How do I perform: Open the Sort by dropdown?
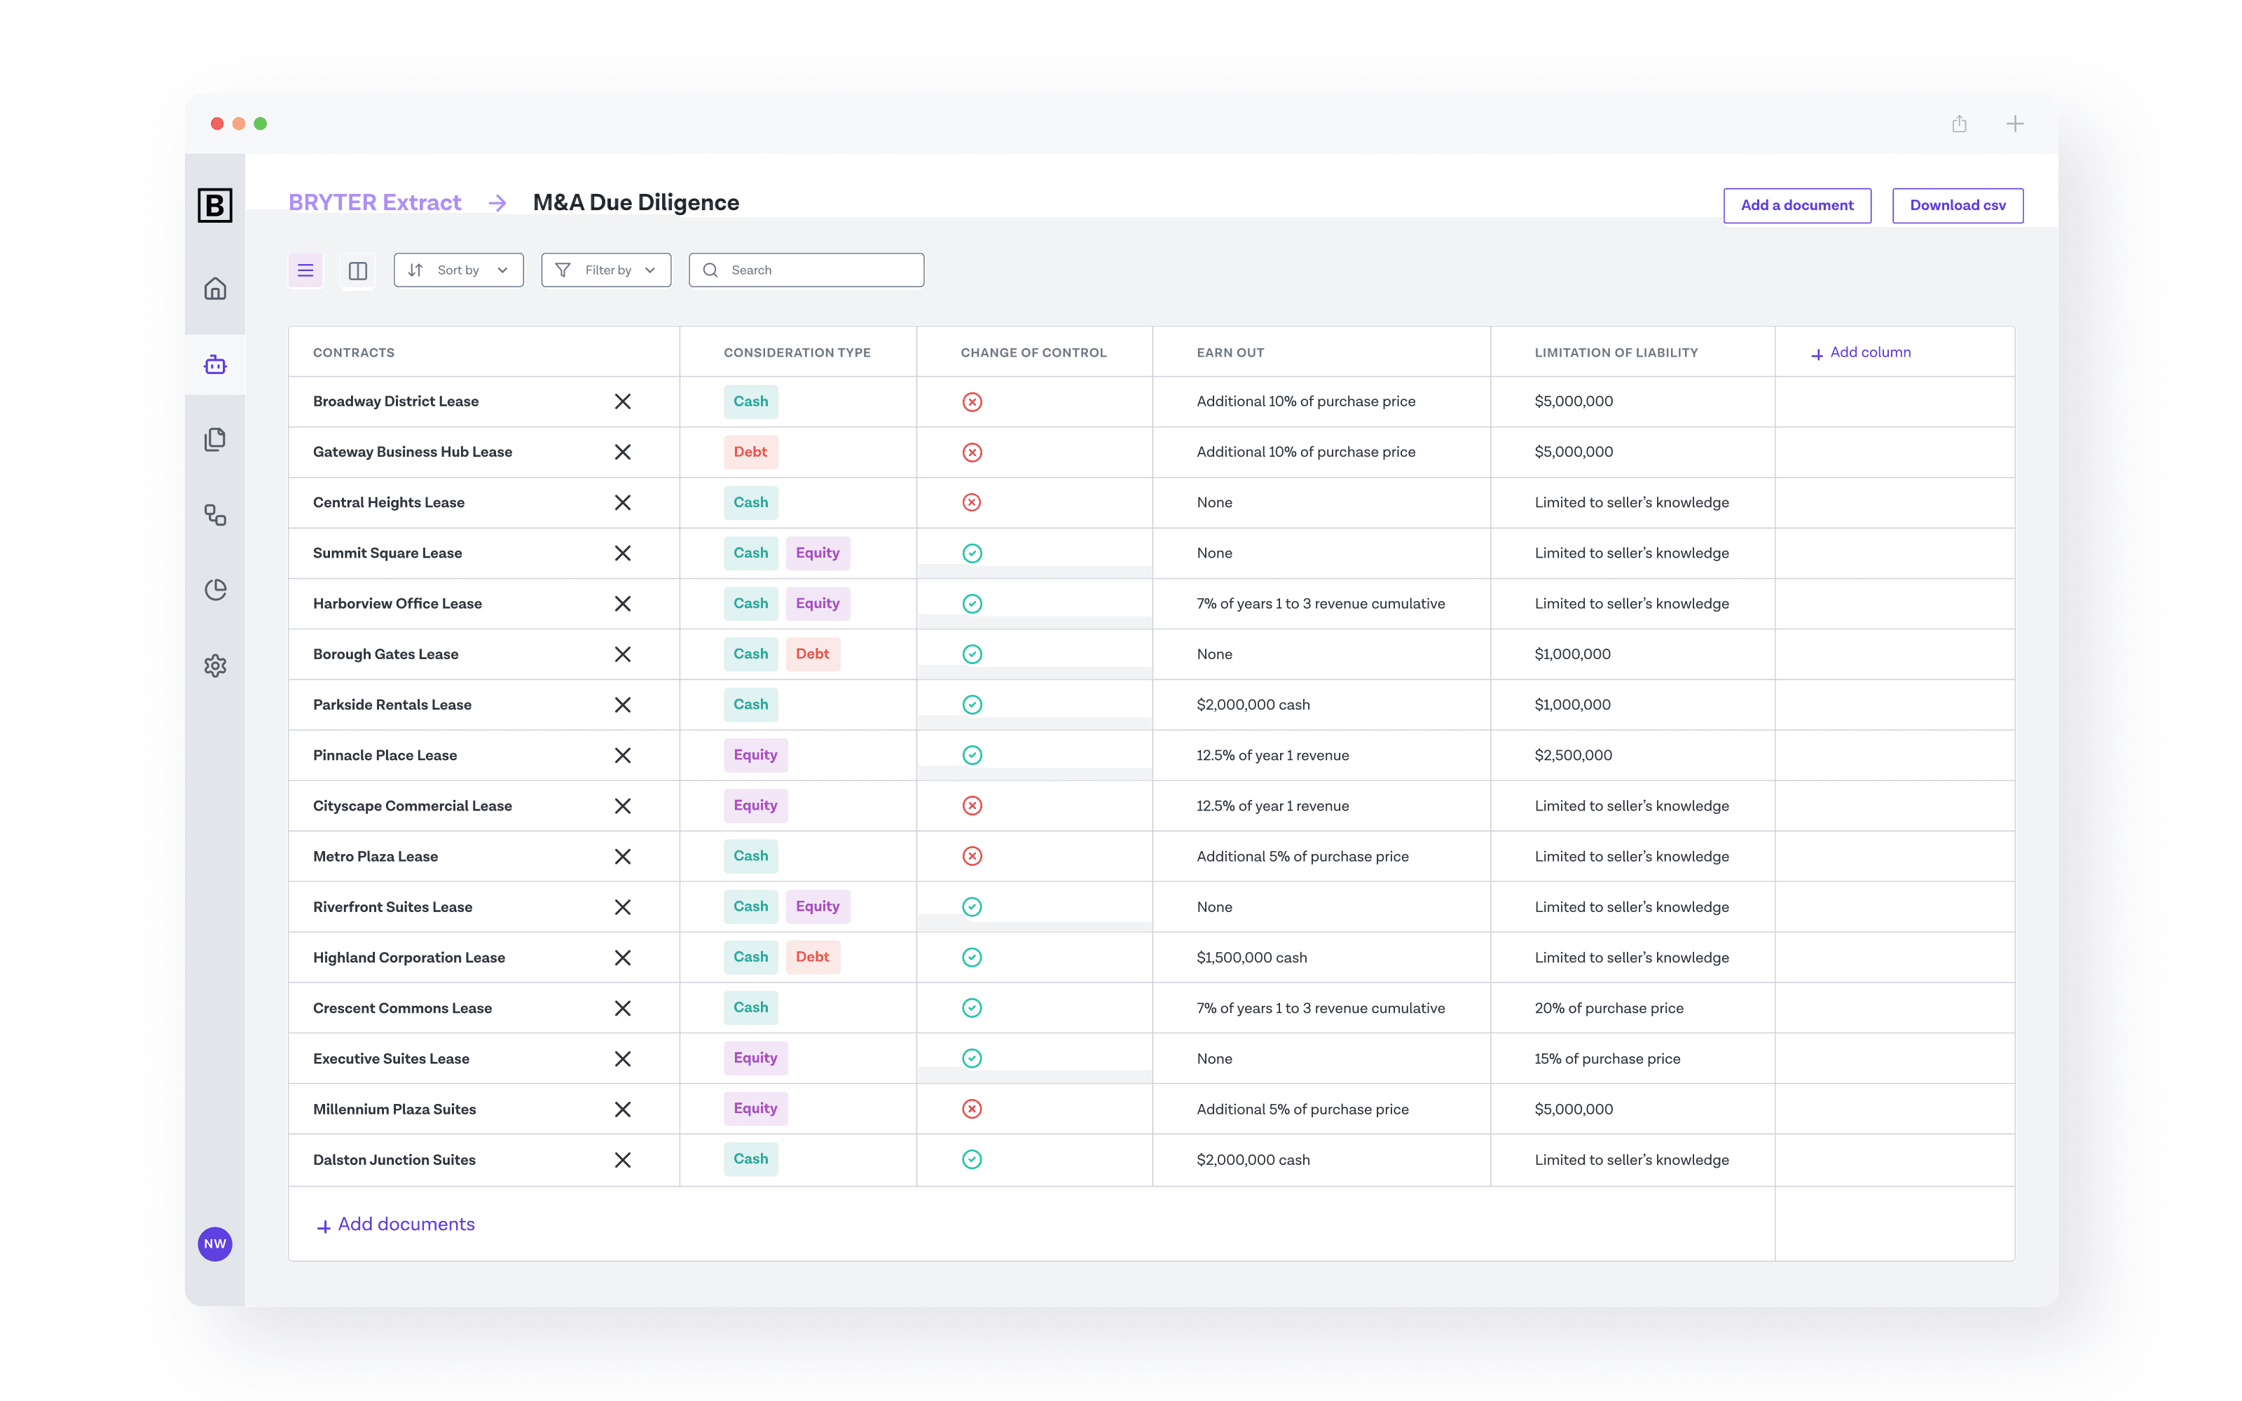[x=459, y=270]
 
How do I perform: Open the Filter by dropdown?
[x=606, y=270]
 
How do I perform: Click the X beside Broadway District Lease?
[x=623, y=401]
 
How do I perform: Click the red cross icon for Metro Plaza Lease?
[x=972, y=856]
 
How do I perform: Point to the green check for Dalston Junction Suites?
[x=972, y=1159]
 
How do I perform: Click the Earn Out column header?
[x=1230, y=353]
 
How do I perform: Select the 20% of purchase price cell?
[x=1609, y=1008]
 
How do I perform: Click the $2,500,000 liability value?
[x=1573, y=755]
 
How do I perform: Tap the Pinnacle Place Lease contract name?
[x=385, y=755]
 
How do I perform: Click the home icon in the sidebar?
[x=215, y=289]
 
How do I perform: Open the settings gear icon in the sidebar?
[x=215, y=665]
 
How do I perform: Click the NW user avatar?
[x=215, y=1243]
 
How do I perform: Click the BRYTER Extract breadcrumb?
[x=374, y=203]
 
